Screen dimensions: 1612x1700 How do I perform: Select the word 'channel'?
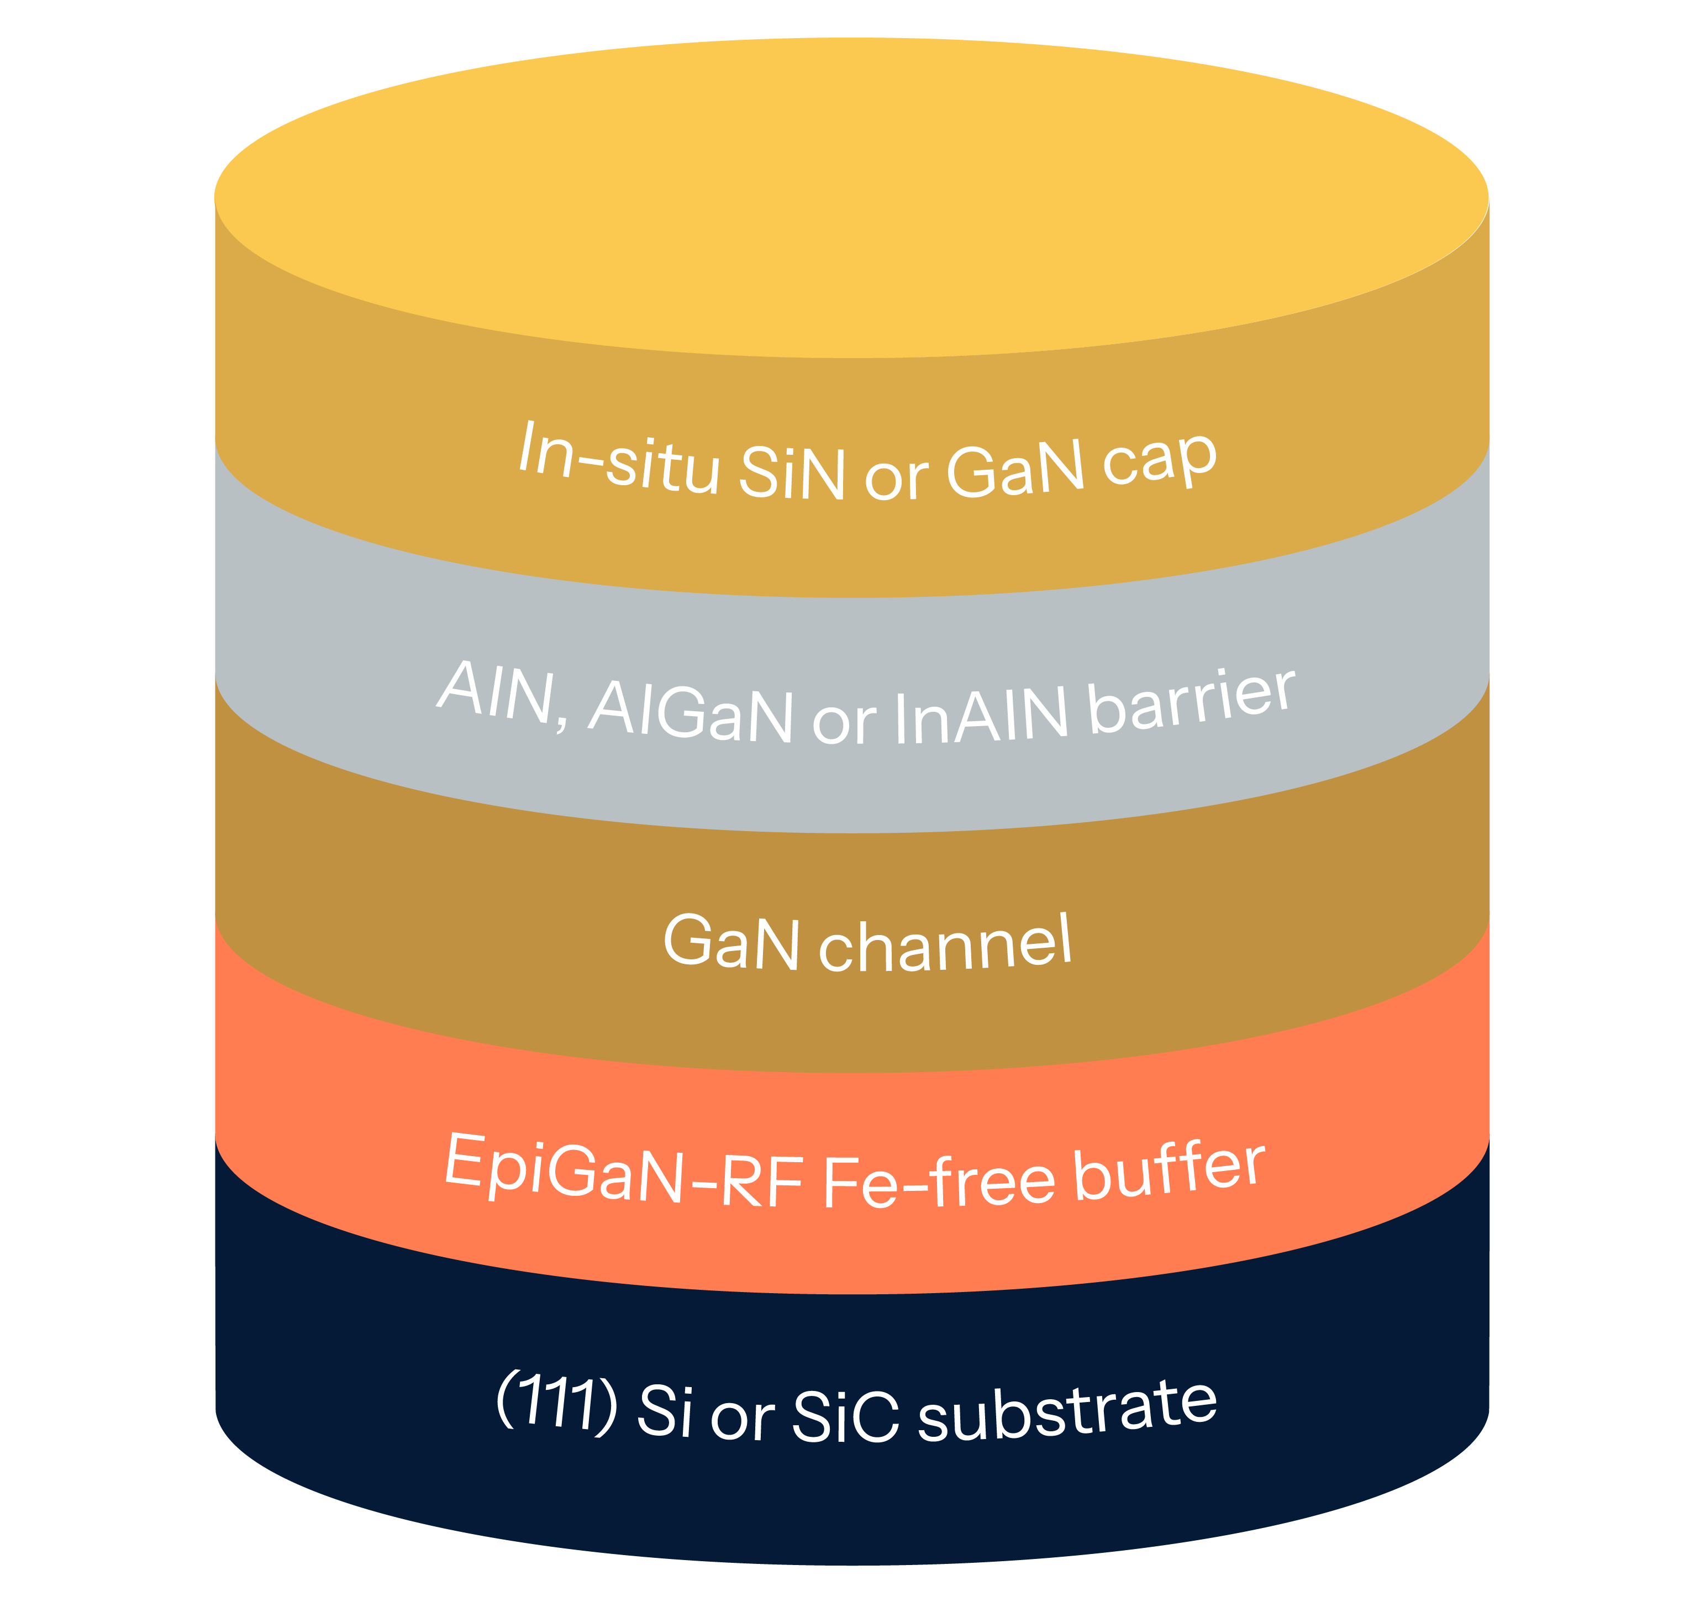(945, 944)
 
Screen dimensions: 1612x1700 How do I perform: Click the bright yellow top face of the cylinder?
(850, 198)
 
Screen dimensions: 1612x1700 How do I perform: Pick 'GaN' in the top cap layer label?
(1014, 471)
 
